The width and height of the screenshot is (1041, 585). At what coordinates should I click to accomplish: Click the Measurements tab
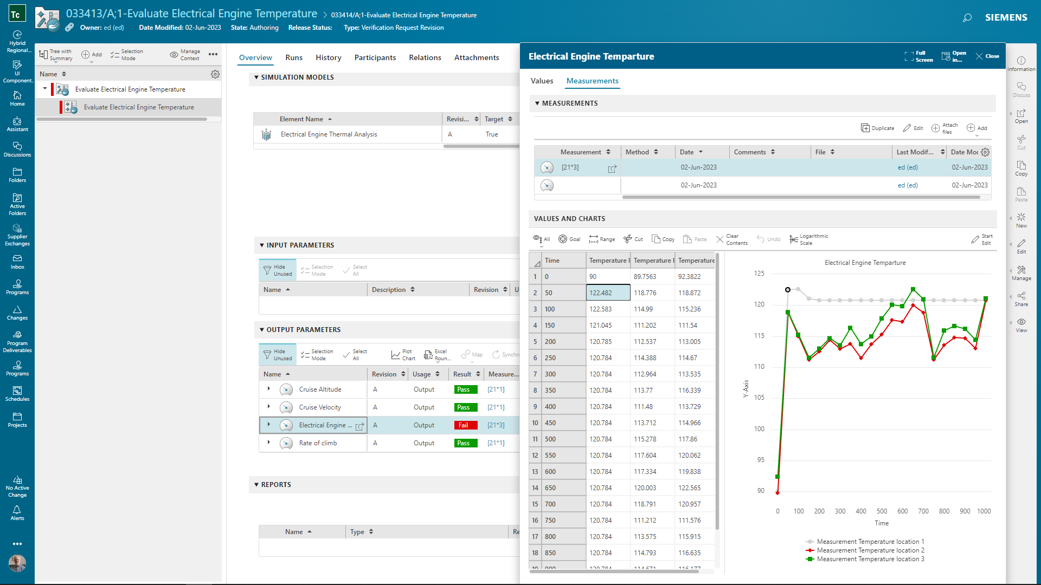click(x=592, y=81)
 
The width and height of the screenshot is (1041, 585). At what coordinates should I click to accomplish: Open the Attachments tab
click(x=476, y=57)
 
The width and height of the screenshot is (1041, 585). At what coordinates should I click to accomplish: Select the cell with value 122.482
click(x=608, y=292)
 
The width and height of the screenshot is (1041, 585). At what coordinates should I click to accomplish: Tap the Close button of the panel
click(x=987, y=56)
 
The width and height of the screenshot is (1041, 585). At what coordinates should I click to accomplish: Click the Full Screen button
click(x=919, y=56)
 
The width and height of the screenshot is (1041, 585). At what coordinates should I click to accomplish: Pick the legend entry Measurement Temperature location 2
click(x=870, y=550)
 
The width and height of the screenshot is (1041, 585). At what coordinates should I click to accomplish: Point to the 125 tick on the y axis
click(x=759, y=274)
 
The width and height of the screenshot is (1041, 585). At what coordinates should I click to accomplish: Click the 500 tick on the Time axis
click(x=882, y=511)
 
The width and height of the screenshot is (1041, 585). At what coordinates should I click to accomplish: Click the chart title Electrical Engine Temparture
click(x=865, y=263)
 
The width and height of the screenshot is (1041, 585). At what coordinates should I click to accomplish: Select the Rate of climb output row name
click(x=318, y=443)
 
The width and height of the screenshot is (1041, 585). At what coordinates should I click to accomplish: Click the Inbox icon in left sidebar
click(x=17, y=262)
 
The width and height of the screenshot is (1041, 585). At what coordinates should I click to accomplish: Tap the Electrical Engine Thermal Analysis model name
click(x=329, y=134)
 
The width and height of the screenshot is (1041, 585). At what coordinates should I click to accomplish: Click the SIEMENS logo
click(x=1006, y=17)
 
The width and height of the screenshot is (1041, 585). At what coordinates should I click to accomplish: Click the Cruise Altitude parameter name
click(x=320, y=389)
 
